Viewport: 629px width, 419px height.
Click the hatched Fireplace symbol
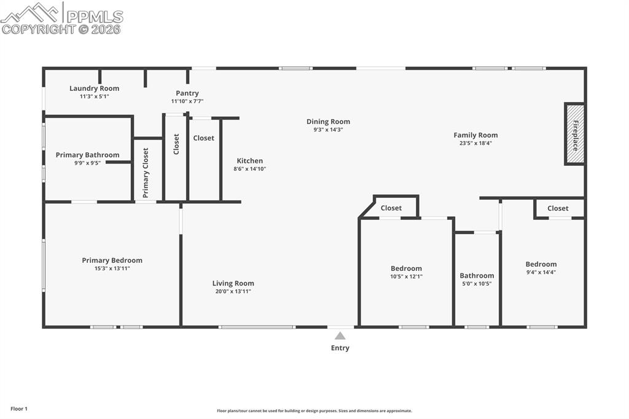(x=575, y=135)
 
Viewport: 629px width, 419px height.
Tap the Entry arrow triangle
(x=340, y=335)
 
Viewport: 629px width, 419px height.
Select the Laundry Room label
(x=94, y=88)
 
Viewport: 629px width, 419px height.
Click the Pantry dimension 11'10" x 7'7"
(x=187, y=101)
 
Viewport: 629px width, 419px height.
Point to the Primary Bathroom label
(x=87, y=155)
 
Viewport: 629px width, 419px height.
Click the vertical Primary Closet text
(x=146, y=173)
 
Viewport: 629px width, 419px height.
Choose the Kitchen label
(x=249, y=161)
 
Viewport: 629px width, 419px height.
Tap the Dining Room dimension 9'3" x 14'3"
(x=328, y=130)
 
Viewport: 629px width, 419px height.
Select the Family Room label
(x=475, y=135)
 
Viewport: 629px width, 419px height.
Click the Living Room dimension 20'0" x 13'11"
(x=233, y=291)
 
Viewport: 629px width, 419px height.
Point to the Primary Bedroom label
(x=112, y=260)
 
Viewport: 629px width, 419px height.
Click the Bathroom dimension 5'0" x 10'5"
(x=477, y=283)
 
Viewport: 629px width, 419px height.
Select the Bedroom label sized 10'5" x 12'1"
(x=406, y=268)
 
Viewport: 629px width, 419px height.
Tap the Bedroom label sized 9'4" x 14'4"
(x=541, y=264)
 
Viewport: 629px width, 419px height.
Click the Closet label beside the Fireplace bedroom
(x=558, y=208)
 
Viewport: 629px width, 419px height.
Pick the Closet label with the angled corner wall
(x=391, y=208)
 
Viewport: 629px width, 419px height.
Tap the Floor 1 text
(x=19, y=409)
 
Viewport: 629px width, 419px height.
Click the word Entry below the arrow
(x=340, y=348)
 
